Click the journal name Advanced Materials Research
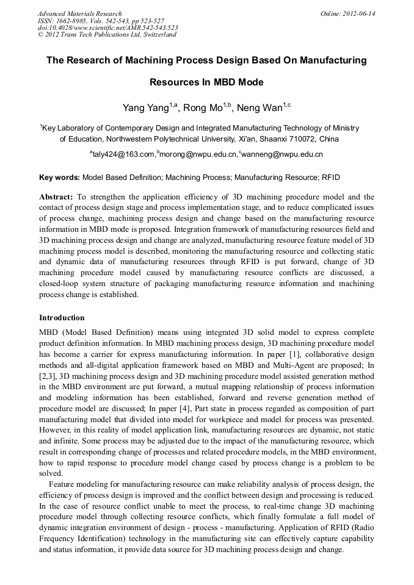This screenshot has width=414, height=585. [x=79, y=13]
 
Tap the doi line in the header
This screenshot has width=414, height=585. [x=107, y=27]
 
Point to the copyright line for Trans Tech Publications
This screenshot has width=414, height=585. [x=107, y=35]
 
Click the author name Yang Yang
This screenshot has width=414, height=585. [x=145, y=109]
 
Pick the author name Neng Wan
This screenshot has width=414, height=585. [x=262, y=109]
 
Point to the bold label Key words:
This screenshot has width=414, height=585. [x=59, y=178]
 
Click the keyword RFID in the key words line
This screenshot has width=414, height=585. [x=331, y=178]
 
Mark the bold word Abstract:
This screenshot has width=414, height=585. [x=56, y=197]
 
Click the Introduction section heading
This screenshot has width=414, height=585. [x=62, y=318]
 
